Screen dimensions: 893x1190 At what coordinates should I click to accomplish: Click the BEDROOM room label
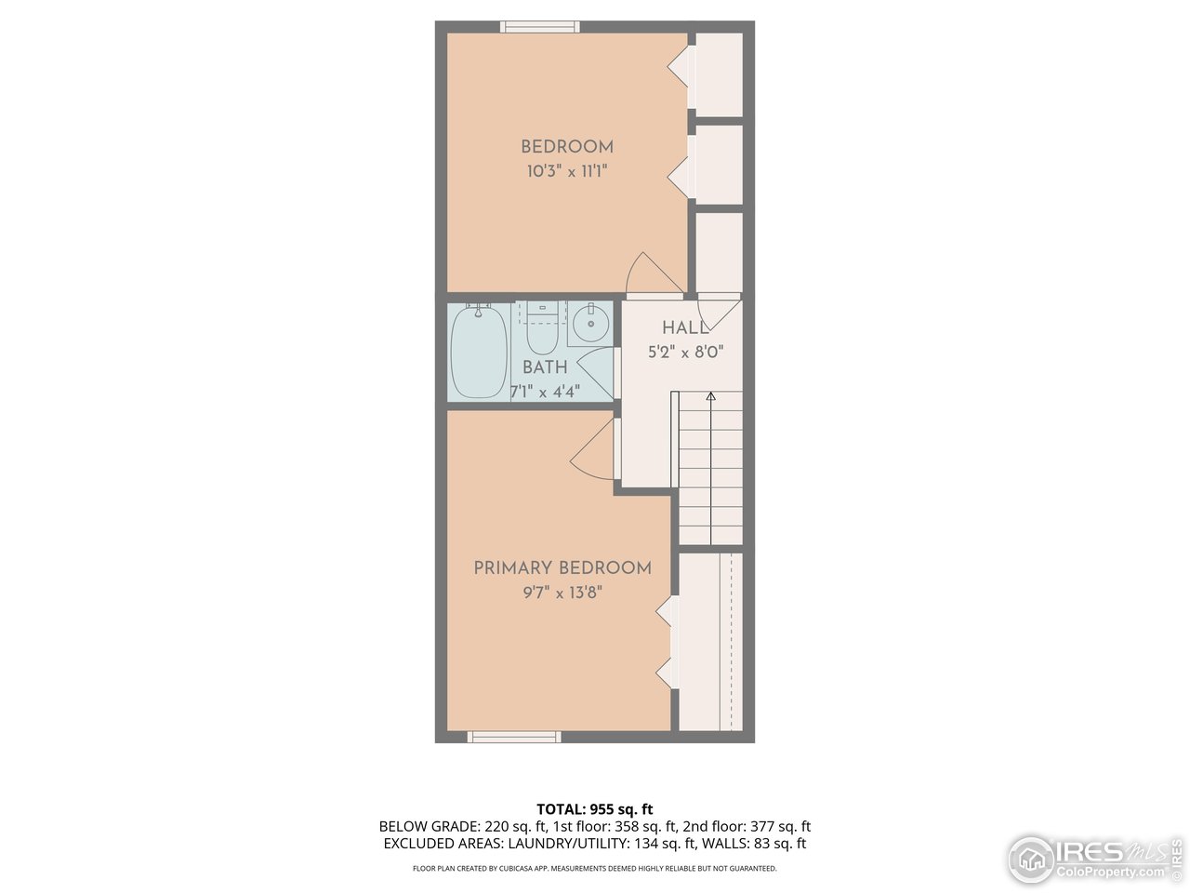566,147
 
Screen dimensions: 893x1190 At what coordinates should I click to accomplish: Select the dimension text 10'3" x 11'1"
566,171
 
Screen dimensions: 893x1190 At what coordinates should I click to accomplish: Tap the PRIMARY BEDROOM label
562,568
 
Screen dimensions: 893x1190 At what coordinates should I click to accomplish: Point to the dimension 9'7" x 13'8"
562,593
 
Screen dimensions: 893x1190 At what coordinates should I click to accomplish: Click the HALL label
685,327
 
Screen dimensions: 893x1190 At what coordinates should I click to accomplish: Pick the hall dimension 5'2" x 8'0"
685,353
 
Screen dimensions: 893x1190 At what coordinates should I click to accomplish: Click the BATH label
545,367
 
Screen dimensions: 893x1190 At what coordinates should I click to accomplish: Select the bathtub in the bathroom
479,352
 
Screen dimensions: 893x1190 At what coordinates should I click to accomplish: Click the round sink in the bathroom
589,324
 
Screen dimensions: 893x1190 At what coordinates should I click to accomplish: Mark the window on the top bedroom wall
540,27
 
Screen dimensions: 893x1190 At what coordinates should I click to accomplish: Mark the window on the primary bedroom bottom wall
514,737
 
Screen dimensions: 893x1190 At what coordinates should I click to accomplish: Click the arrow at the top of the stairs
710,397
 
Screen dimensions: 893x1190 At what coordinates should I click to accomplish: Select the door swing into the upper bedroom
652,275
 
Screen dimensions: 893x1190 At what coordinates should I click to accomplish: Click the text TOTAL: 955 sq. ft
594,809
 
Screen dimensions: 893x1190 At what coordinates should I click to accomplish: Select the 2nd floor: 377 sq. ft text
747,826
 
